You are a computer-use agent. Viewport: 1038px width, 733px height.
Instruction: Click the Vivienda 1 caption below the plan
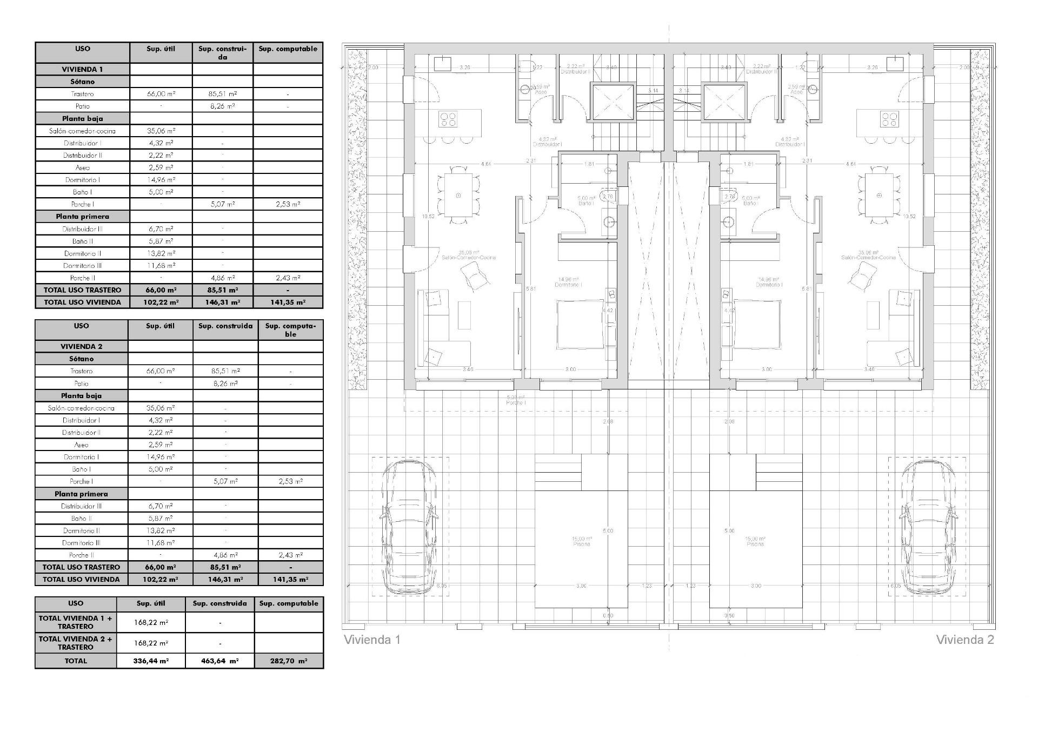click(372, 640)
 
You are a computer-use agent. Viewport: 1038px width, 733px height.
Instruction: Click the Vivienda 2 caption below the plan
click(964, 640)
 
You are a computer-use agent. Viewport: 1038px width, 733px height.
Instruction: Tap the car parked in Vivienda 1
click(409, 527)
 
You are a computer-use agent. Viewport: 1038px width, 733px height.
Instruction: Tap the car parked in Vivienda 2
click(927, 527)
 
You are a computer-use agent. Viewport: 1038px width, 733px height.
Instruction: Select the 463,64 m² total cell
click(219, 661)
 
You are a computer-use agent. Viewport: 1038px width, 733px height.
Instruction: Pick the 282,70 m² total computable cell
click(289, 661)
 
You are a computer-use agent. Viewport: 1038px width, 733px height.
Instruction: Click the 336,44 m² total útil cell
click(151, 661)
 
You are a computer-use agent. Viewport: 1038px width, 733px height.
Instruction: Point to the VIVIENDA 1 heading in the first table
click(82, 69)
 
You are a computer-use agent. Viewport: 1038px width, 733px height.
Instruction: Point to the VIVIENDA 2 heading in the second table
click(81, 346)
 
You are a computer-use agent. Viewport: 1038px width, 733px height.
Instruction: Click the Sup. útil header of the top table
click(161, 49)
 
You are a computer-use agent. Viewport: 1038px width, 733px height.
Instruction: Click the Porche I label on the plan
click(516, 403)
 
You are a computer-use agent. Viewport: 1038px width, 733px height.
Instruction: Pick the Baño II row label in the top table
click(82, 241)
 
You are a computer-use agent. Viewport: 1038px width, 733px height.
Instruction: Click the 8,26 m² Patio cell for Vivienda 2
click(225, 384)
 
